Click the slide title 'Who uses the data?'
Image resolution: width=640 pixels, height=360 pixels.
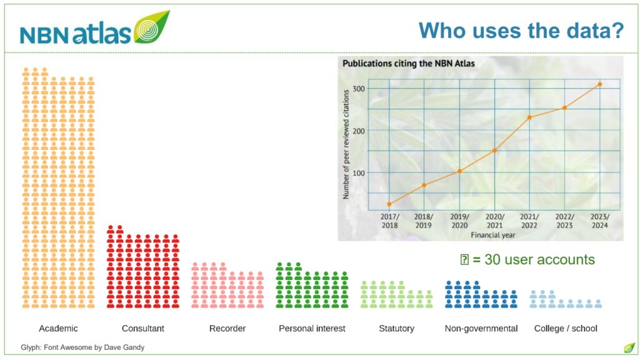click(521, 29)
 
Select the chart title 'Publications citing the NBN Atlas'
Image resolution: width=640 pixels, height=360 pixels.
click(409, 63)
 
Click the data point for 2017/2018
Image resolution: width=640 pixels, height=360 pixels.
click(389, 204)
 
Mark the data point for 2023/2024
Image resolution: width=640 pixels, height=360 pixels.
click(599, 84)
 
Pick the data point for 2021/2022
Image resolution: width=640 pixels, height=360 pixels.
click(529, 117)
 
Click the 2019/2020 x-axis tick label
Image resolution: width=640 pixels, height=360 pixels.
click(459, 221)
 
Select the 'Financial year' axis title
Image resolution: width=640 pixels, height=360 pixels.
click(494, 235)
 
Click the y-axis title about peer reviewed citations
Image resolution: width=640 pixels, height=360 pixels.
click(346, 143)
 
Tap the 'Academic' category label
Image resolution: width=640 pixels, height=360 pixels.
click(58, 328)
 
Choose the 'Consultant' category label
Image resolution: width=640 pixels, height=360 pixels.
click(143, 328)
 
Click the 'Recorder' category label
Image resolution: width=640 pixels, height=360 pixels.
click(227, 328)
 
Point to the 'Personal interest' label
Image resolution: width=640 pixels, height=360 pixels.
click(312, 328)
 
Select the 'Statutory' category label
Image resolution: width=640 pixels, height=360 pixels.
click(396, 328)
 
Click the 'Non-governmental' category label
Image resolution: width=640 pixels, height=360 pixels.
click(481, 328)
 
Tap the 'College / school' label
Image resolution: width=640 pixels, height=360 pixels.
click(566, 328)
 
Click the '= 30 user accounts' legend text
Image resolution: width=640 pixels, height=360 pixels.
click(533, 260)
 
